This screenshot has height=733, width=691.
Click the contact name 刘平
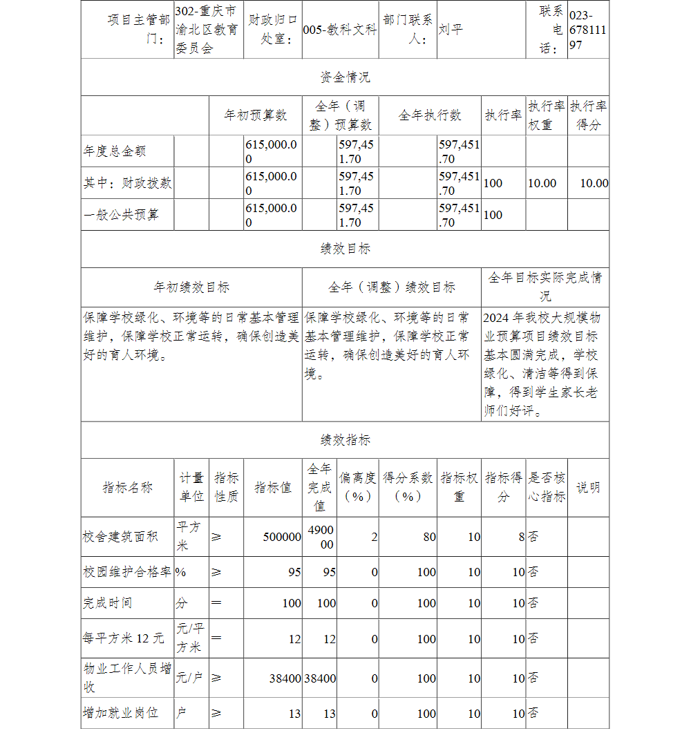(x=451, y=30)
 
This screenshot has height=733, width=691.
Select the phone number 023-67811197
(x=588, y=30)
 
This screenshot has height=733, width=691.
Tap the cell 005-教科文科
(x=340, y=30)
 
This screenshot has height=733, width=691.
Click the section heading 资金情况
(x=345, y=77)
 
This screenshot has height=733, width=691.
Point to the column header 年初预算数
(x=255, y=115)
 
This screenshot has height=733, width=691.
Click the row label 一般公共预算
(x=121, y=214)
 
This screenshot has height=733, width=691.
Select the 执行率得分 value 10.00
(x=594, y=183)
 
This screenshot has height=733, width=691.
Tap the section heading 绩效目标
(x=345, y=249)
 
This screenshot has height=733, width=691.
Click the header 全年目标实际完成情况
(x=545, y=287)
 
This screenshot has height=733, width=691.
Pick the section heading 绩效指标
(x=345, y=439)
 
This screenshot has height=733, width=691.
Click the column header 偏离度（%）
(x=358, y=487)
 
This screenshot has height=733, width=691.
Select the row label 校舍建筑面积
(x=121, y=536)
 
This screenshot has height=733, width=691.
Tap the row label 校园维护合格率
(x=126, y=572)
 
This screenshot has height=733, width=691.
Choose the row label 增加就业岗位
(x=121, y=712)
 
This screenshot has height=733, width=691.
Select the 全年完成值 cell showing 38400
(x=320, y=678)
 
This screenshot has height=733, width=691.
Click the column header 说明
(x=588, y=487)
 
